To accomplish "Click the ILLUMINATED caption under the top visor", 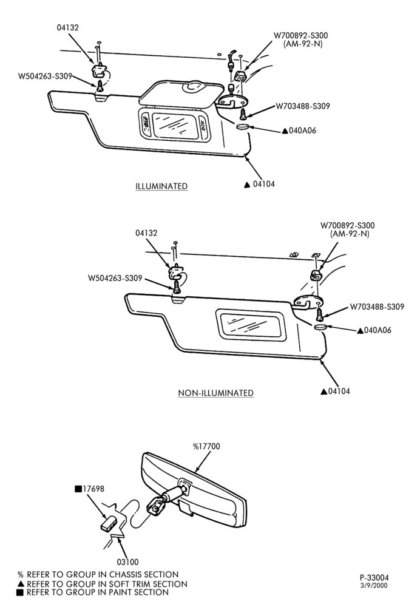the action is click(x=161, y=186).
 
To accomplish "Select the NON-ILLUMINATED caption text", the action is click(x=215, y=393).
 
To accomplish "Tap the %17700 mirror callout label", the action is click(x=206, y=446).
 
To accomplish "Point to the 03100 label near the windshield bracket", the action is click(x=127, y=561).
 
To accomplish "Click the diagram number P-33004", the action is click(x=374, y=578).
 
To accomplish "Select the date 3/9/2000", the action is click(x=374, y=586).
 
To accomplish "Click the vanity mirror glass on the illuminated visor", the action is click(x=175, y=124).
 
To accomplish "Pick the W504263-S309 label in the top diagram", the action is click(x=46, y=76).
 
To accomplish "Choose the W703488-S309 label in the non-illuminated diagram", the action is click(x=377, y=307).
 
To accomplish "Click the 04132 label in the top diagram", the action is click(x=68, y=27).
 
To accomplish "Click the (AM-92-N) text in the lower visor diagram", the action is click(x=350, y=234).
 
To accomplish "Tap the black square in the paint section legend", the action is click(x=20, y=592).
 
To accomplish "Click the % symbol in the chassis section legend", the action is click(x=20, y=575).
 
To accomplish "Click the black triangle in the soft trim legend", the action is click(x=21, y=584).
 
